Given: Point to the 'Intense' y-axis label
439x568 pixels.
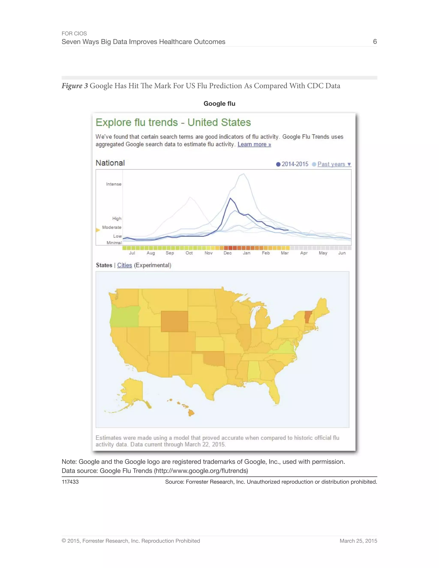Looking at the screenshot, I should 114,184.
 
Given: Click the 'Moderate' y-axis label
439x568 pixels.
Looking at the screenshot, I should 111,227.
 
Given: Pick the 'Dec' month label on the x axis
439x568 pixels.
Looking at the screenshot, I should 228,253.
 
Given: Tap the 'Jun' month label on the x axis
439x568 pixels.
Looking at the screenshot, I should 342,253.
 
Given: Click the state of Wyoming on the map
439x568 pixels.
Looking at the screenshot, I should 174,321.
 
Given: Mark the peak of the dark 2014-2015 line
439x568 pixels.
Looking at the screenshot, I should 230,198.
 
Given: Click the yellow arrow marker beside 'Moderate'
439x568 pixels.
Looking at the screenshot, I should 98,230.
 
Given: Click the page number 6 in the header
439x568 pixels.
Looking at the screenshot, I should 375,42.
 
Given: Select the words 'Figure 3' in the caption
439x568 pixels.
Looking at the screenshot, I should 75,86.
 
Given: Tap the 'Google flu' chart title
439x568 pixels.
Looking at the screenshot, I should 219,104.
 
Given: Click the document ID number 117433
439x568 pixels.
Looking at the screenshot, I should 70,482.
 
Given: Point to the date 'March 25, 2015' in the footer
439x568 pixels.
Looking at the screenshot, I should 358,541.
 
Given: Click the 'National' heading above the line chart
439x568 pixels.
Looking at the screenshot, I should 110,163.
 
